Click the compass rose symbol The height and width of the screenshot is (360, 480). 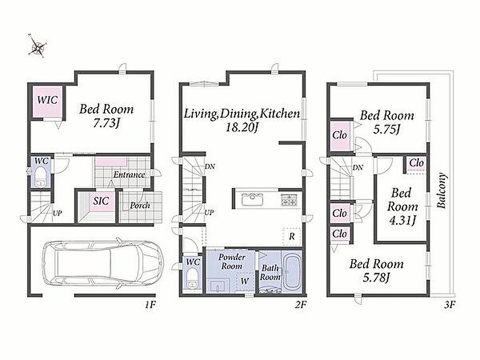coord(37,45)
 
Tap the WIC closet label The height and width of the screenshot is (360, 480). coord(48,100)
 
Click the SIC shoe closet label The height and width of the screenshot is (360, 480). coord(101,201)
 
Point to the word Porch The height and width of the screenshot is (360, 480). coord(140,205)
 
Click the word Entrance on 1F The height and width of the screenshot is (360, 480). coord(129,175)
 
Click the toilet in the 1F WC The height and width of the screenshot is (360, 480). coord(40,177)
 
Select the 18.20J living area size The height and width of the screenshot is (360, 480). coord(241,127)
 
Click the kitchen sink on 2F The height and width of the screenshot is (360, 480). coord(253,200)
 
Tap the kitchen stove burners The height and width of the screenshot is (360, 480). coord(289,199)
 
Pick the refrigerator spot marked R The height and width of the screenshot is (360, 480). coord(292,236)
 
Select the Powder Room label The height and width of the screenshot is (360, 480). coord(232,261)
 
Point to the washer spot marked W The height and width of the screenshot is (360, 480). coord(245,281)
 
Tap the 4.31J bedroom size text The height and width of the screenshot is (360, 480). coord(402,220)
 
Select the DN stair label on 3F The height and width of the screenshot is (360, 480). coord(358,167)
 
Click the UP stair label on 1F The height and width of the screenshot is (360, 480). coord(57,213)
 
